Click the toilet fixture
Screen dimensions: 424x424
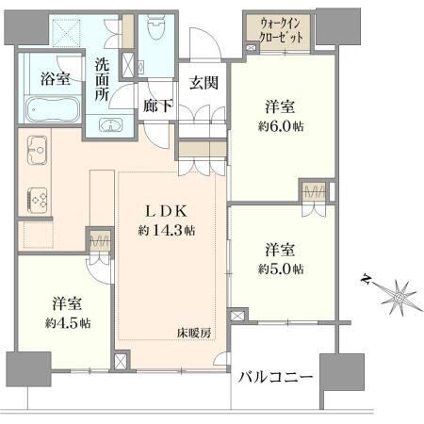pyautogui.click(x=155, y=26)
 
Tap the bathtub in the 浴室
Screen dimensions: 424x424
pyautogui.click(x=53, y=109)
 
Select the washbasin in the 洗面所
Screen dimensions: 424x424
pyautogui.click(x=110, y=125)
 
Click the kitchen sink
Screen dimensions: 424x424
pyautogui.click(x=38, y=150)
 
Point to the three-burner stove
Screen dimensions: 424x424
pyautogui.click(x=38, y=200)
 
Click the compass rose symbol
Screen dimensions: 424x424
pyautogui.click(x=397, y=294)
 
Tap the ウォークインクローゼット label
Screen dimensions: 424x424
pyautogui.click(x=281, y=30)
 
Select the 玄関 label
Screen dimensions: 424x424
pyautogui.click(x=204, y=83)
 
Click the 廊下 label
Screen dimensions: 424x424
pyautogui.click(x=157, y=106)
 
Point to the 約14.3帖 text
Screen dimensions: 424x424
pyautogui.click(x=167, y=231)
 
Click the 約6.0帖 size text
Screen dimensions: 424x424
pyautogui.click(x=281, y=126)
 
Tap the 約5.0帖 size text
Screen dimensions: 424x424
pyautogui.click(x=281, y=269)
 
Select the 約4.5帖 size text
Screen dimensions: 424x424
pyautogui.click(x=68, y=322)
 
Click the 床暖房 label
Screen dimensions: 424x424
pyautogui.click(x=194, y=333)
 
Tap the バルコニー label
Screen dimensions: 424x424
pyautogui.click(x=275, y=377)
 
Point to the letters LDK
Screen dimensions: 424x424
pyautogui.click(x=166, y=211)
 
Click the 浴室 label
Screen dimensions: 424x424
pyautogui.click(x=56, y=79)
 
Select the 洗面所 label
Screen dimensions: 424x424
pyautogui.click(x=103, y=80)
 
